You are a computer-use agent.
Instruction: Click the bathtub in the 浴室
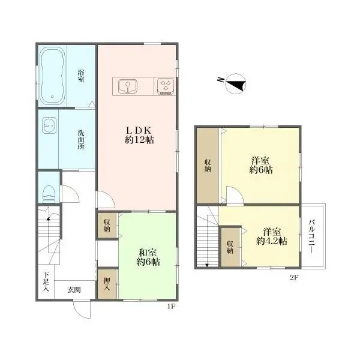click(x=52, y=76)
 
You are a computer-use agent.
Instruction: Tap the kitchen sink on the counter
click(x=128, y=86)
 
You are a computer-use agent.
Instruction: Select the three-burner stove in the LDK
click(x=166, y=86)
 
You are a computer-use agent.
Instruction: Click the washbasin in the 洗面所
click(x=49, y=125)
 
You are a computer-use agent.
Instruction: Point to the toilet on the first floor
click(x=48, y=194)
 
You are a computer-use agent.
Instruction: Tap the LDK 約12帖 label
click(x=139, y=135)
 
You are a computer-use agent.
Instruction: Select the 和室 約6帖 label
click(x=148, y=257)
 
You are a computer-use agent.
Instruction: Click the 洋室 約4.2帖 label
click(x=272, y=236)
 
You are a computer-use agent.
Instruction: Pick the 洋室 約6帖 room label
click(x=261, y=166)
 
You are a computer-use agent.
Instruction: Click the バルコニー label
click(x=311, y=236)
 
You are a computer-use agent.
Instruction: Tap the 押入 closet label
click(x=107, y=284)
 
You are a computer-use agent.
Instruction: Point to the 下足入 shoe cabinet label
click(x=46, y=282)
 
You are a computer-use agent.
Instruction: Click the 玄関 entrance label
click(x=74, y=290)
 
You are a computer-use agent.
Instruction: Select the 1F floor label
click(x=172, y=306)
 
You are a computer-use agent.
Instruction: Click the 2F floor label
click(x=294, y=278)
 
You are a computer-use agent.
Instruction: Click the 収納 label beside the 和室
click(x=107, y=225)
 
